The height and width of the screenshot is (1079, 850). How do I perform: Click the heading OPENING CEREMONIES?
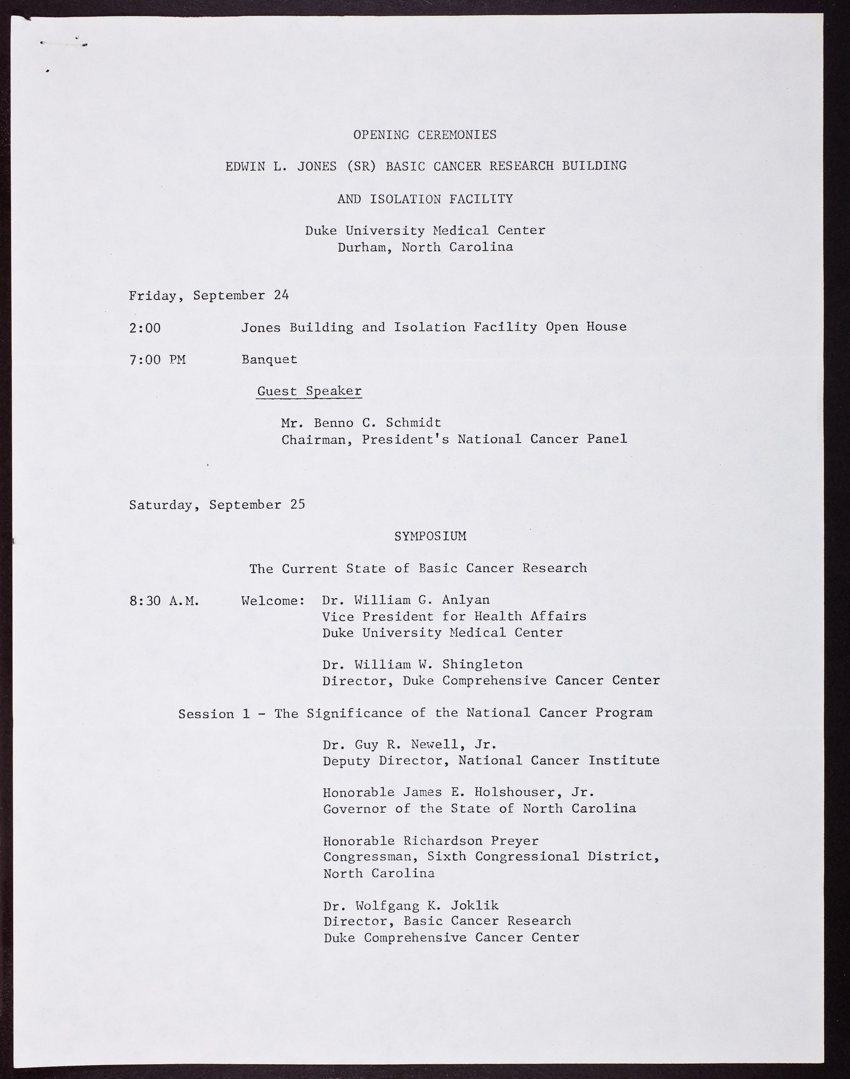tap(425, 135)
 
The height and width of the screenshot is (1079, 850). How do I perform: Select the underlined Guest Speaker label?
tap(309, 392)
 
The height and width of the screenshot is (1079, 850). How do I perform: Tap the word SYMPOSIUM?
tap(430, 537)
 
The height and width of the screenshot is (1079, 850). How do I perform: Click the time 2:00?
tap(144, 328)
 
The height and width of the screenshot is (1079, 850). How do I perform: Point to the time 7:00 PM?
tap(157, 360)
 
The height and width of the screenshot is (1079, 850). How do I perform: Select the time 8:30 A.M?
tap(164, 601)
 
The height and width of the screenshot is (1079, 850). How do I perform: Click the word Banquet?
tap(269, 360)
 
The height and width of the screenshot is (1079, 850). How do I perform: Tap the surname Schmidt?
tap(413, 423)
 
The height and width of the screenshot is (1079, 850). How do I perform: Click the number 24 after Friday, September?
tap(282, 295)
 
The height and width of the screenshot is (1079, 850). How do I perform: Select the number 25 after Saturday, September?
tap(297, 504)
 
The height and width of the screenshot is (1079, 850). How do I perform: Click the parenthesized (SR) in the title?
tap(361, 166)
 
